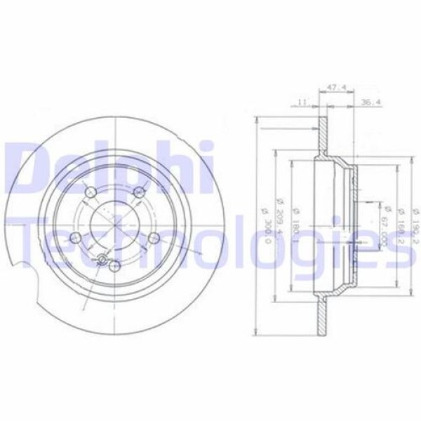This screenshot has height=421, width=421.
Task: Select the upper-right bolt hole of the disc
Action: tap(139, 192)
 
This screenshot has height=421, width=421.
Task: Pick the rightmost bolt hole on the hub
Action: tap(152, 238)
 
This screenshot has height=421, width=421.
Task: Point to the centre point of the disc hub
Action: tap(114, 220)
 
